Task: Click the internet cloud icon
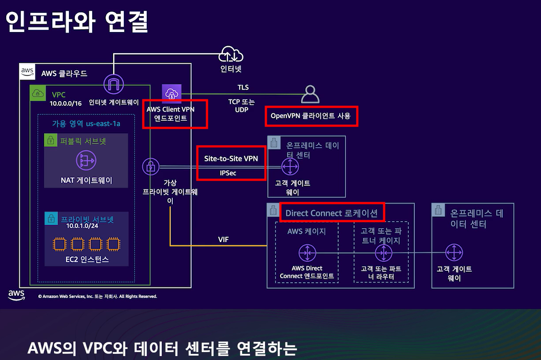pyautogui.click(x=231, y=54)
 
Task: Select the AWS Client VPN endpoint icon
pyautogui.click(x=171, y=93)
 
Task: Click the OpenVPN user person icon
pyautogui.click(x=310, y=94)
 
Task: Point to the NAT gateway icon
pyautogui.click(x=86, y=161)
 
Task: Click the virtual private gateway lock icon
pyautogui.click(x=150, y=167)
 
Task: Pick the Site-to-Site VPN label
pyautogui.click(x=231, y=158)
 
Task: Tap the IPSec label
pyautogui.click(x=228, y=173)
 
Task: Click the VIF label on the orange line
pyautogui.click(x=223, y=240)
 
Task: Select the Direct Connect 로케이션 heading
pyautogui.click(x=331, y=213)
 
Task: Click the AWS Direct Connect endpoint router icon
pyautogui.click(x=307, y=253)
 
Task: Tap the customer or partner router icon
pyautogui.click(x=383, y=253)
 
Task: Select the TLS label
pyautogui.click(x=243, y=87)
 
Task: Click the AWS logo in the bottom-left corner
pyautogui.click(x=16, y=295)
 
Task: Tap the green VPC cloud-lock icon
pyautogui.click(x=38, y=93)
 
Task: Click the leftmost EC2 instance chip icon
pyautogui.click(x=59, y=244)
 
